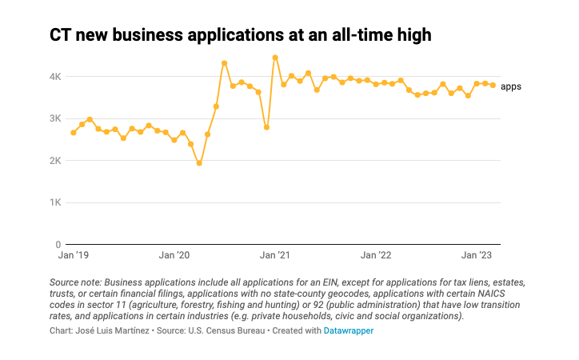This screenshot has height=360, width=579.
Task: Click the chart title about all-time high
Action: (x=241, y=35)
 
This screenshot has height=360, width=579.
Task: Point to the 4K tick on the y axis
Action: (x=55, y=77)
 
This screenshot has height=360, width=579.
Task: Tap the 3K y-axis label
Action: (x=55, y=118)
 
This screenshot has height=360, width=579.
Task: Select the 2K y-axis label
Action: (x=55, y=161)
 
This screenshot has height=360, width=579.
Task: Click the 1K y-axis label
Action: (x=55, y=202)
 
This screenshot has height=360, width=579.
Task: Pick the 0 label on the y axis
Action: (x=58, y=245)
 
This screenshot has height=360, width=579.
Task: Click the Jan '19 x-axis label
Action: (x=74, y=256)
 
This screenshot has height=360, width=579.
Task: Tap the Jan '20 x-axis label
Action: (x=174, y=256)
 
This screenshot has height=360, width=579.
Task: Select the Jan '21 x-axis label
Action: (x=274, y=256)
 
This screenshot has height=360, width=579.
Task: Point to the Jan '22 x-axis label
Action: (x=375, y=256)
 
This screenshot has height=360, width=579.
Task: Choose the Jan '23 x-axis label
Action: (x=476, y=256)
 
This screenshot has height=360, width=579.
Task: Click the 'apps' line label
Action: (x=511, y=86)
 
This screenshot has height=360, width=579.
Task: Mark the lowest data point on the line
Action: (x=199, y=163)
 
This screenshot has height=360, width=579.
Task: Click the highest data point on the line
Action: (x=275, y=58)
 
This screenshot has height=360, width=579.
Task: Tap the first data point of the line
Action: (x=74, y=133)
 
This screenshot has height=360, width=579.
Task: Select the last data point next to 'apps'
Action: (x=493, y=85)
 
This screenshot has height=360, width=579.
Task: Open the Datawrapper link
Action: (x=349, y=330)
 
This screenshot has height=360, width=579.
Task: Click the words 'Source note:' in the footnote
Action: (x=75, y=282)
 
